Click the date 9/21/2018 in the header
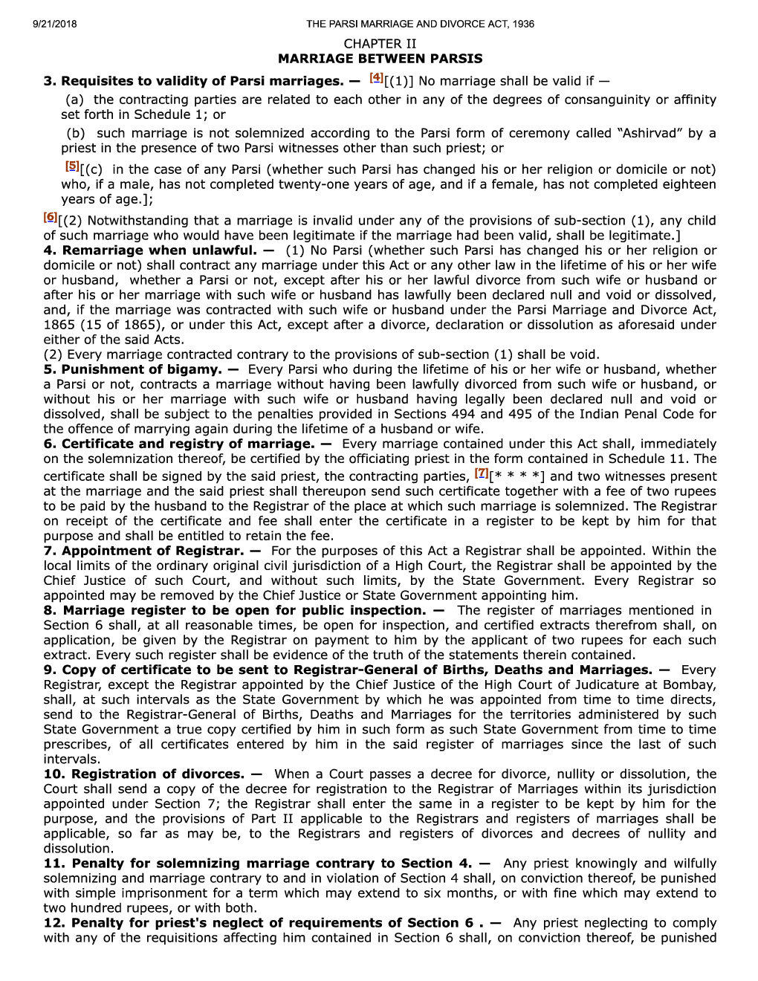55,24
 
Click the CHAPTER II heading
380,44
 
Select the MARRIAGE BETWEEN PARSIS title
380,59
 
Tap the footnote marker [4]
375,78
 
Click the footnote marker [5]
71,166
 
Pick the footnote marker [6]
50,217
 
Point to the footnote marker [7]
481,473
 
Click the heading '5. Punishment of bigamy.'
140,369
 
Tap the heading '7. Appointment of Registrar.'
152,551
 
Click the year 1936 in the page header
522,24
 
